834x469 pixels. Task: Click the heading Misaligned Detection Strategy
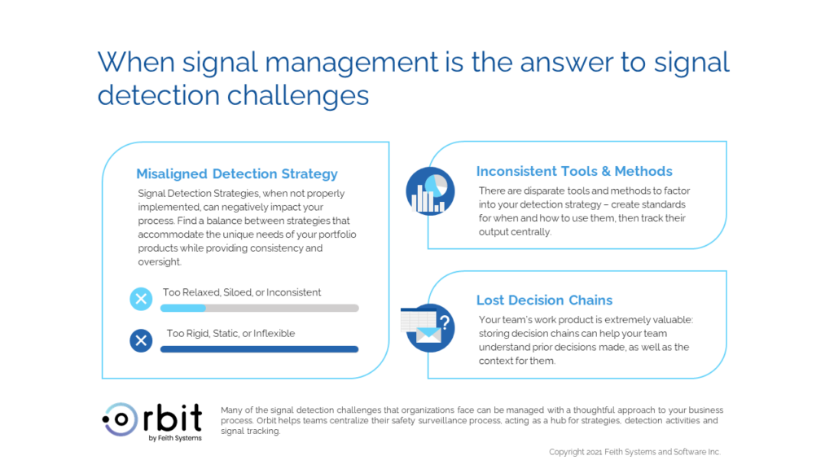tap(237, 174)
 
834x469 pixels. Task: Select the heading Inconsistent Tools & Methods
tap(574, 171)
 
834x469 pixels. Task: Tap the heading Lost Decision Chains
tap(544, 300)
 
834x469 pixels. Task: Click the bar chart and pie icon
tap(430, 191)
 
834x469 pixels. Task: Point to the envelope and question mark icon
tap(428, 327)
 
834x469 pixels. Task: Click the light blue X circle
tap(141, 299)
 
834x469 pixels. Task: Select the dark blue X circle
tap(141, 340)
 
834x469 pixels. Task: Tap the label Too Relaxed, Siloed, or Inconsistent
tap(241, 292)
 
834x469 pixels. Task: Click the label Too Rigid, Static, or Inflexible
tap(230, 333)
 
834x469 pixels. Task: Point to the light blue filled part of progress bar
tap(183, 308)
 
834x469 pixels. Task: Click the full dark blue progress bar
tap(260, 349)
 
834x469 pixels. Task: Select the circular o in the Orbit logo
tap(121, 419)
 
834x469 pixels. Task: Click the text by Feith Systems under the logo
tap(175, 438)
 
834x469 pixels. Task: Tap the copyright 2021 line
tap(634, 452)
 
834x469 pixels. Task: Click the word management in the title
tap(352, 63)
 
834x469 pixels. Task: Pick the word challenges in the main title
tap(298, 96)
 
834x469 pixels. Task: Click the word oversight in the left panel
tap(159, 261)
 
